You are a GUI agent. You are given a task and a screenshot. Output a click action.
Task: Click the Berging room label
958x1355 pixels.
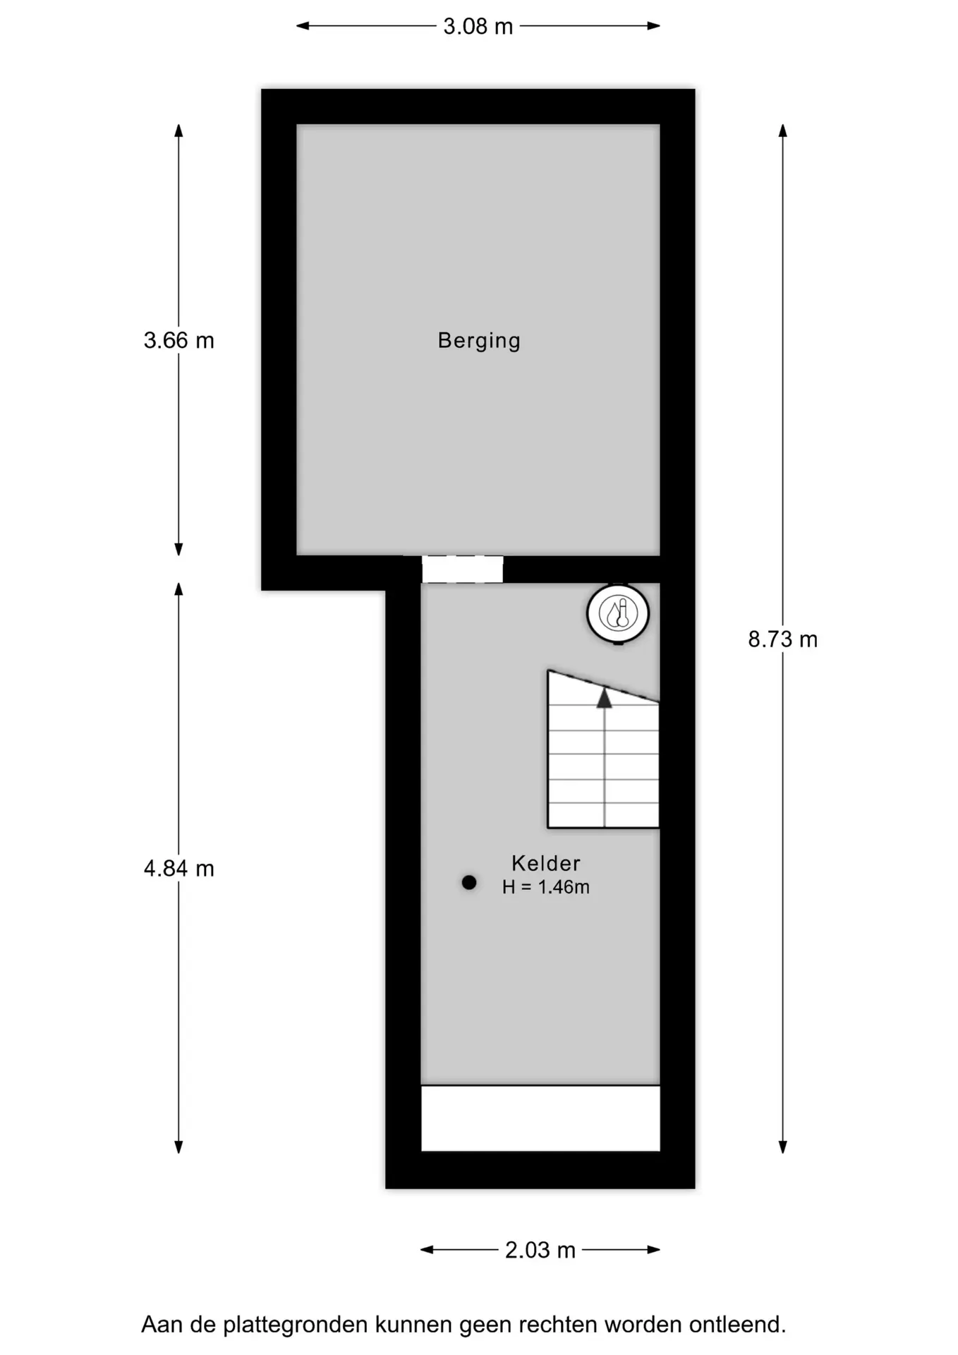coord(479,341)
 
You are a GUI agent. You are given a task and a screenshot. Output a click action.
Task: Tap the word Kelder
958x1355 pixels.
coord(546,863)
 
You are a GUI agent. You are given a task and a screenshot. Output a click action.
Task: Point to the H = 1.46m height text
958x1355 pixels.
coord(546,887)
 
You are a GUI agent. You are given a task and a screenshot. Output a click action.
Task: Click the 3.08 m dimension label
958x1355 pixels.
coord(478,27)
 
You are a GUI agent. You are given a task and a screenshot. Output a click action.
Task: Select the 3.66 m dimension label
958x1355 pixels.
coord(179,341)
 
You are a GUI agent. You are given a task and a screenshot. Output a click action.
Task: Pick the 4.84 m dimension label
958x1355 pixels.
coord(179,869)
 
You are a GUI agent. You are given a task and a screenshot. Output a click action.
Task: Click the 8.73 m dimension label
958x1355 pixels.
coord(783,639)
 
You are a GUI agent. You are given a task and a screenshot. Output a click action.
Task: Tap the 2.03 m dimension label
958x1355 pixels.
coord(540,1251)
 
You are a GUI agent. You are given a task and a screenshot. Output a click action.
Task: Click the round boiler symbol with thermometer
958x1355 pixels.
coord(618,614)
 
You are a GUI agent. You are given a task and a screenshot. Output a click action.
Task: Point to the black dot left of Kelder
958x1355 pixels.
coord(469,882)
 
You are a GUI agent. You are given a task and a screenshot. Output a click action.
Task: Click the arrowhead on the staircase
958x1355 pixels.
coord(605,698)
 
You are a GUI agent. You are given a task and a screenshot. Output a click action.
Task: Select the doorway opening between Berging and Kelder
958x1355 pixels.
coord(463,569)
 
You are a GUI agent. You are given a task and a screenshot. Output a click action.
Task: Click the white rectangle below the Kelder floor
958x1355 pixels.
coord(540,1118)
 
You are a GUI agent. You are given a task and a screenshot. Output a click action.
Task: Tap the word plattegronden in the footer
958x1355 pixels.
coord(296,1325)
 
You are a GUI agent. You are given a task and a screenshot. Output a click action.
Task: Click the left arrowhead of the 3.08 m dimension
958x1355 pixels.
coord(303,26)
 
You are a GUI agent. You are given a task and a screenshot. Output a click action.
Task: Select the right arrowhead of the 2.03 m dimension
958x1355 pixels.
coord(654,1250)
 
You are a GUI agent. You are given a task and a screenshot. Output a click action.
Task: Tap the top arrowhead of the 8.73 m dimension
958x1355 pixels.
coord(782,131)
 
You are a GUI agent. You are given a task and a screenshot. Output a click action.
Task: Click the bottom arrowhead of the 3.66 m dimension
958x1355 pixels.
coord(178,549)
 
